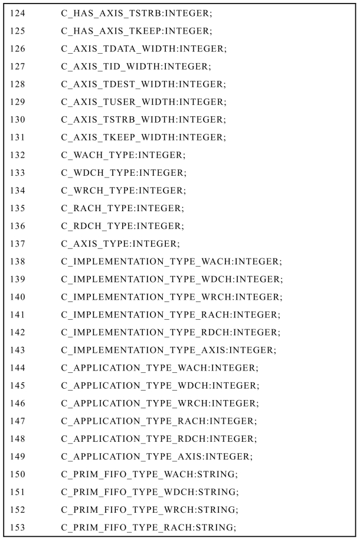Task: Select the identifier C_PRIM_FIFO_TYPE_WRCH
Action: [125, 509]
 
